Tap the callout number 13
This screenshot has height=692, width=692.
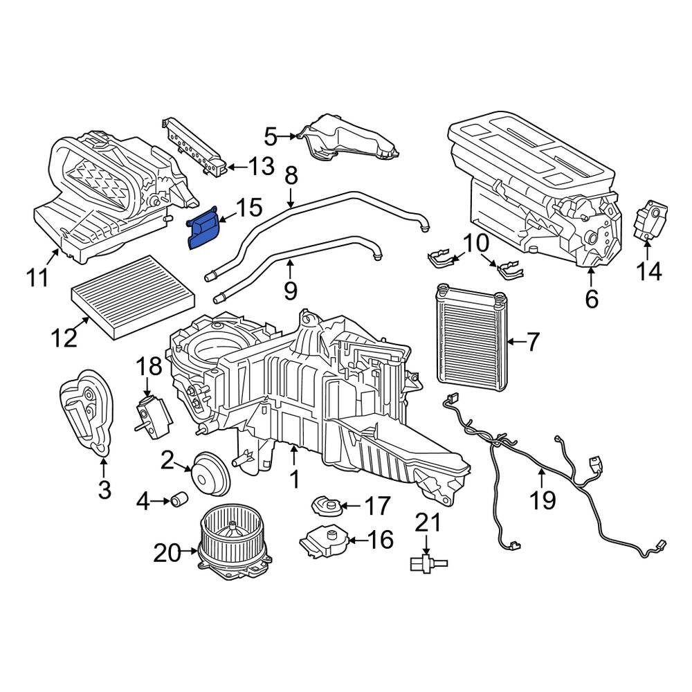point(262,167)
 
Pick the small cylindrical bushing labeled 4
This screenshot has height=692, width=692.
point(180,499)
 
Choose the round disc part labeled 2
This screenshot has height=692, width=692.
point(210,474)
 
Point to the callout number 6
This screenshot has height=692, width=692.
point(592,299)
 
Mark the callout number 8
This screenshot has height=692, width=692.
point(291,176)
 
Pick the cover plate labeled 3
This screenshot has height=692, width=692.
point(86,412)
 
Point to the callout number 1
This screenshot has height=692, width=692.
point(294,479)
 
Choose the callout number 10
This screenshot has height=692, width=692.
point(476,243)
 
